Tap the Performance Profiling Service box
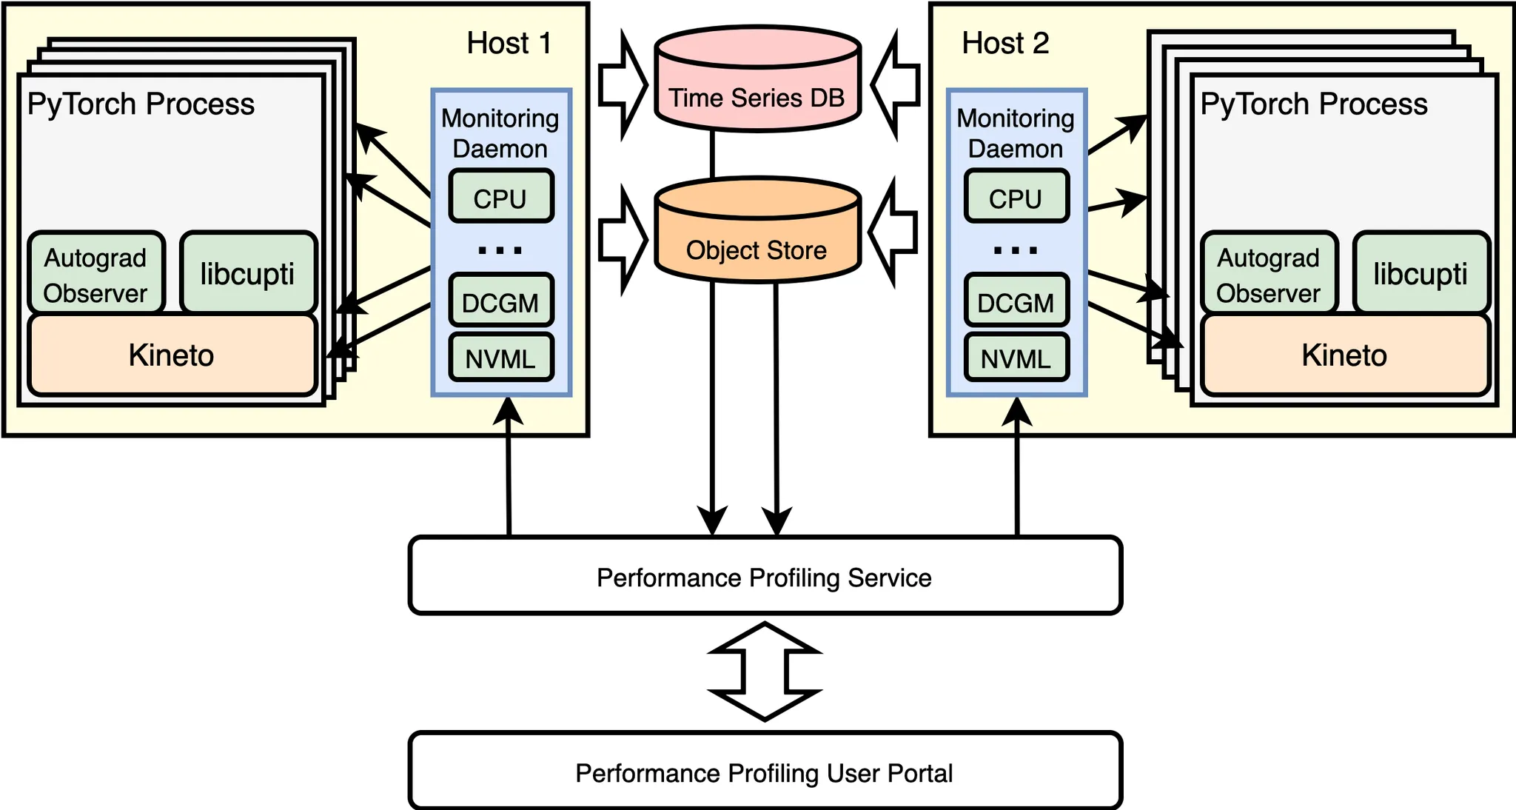pos(765,576)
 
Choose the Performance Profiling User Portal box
pos(765,771)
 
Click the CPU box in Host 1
pos(500,197)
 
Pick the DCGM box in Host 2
pos(1016,301)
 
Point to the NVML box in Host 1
pos(500,358)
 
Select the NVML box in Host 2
pos(1016,358)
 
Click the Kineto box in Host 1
pos(172,355)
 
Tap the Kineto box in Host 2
pos(1344,355)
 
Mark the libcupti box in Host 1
pos(248,273)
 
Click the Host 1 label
pos(509,43)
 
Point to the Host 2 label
pos(1005,43)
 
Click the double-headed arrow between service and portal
pos(765,672)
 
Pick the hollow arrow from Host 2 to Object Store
pos(893,232)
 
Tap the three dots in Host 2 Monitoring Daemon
pos(1016,250)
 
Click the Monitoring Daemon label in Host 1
pos(500,133)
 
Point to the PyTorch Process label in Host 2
pos(1314,104)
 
